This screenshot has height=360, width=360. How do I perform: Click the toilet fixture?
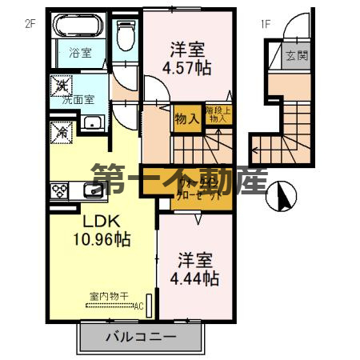tap(126, 34)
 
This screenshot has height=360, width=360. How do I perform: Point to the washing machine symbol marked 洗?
tap(61, 84)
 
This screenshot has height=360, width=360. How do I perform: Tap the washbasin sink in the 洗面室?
tap(92, 122)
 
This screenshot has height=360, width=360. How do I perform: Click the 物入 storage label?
tap(186, 119)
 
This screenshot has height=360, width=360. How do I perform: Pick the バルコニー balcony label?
tap(139, 337)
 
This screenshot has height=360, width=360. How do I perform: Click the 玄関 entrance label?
tap(297, 56)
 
